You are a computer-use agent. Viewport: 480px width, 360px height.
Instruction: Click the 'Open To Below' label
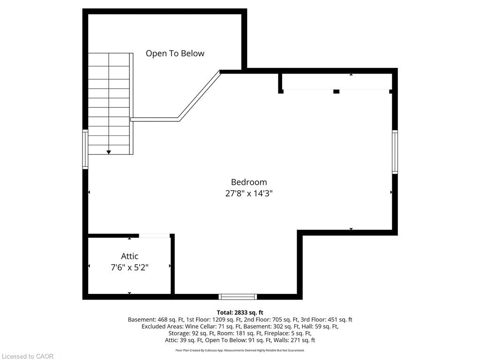click(x=175, y=53)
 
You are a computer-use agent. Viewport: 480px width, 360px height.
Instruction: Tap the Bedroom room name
click(x=249, y=182)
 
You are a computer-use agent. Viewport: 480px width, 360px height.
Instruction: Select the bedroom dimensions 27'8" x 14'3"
click(x=249, y=194)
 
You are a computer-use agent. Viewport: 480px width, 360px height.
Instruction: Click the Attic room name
click(x=129, y=256)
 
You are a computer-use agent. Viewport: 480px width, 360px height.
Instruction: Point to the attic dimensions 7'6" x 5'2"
click(x=129, y=268)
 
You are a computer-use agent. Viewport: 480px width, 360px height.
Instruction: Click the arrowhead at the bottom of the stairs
click(x=109, y=152)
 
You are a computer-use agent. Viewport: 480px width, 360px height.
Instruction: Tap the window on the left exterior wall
click(x=85, y=149)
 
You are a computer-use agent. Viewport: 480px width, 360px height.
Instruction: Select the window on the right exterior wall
click(x=395, y=152)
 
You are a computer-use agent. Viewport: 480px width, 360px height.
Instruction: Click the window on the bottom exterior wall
click(x=238, y=297)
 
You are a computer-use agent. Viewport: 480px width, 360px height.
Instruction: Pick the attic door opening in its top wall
click(x=154, y=235)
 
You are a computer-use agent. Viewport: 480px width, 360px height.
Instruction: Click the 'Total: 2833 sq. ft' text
click(x=240, y=313)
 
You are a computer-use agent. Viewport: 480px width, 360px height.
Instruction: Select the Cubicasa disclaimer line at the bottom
click(x=240, y=350)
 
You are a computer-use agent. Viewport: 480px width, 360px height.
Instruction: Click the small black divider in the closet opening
click(x=336, y=91)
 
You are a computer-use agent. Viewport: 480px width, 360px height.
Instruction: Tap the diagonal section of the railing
click(x=199, y=96)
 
